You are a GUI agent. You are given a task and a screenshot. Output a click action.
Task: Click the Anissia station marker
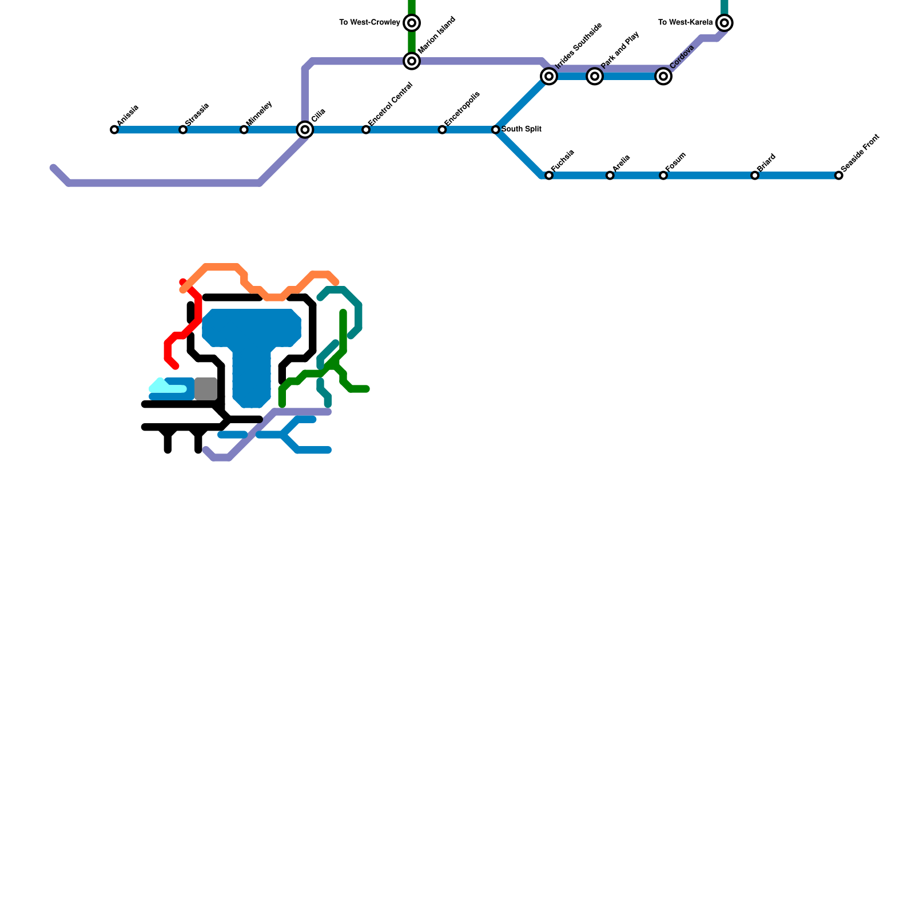tap(114, 130)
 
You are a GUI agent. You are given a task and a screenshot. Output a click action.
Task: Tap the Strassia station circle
tap(183, 130)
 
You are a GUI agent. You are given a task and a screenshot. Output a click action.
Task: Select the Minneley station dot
tap(244, 130)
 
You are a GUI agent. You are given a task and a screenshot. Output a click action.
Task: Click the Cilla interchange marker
tap(305, 130)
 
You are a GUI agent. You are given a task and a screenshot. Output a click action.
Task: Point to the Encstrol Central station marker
tap(366, 130)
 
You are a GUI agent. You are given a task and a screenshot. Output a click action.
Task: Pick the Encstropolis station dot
tap(442, 130)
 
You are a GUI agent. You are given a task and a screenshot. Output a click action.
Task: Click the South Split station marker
tap(496, 130)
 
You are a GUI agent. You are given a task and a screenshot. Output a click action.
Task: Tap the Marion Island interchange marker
tap(412, 61)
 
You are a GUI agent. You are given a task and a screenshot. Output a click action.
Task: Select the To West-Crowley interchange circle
tap(412, 23)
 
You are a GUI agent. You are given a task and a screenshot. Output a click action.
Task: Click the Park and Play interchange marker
tap(595, 76)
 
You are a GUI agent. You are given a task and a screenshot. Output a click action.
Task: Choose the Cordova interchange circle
tap(663, 76)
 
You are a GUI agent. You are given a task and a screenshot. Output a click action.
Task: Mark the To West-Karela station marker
tap(725, 23)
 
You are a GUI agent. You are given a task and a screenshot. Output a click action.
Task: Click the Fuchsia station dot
tap(549, 176)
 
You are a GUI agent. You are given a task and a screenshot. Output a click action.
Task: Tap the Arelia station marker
tap(610, 176)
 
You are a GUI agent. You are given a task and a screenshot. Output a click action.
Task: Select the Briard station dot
tap(755, 176)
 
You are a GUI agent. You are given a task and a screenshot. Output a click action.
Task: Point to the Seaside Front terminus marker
tap(839, 176)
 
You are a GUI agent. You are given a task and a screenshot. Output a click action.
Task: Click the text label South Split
tap(522, 129)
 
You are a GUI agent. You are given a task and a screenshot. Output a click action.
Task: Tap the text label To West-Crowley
tap(369, 23)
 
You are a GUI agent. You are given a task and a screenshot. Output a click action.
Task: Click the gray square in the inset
tap(206, 389)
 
